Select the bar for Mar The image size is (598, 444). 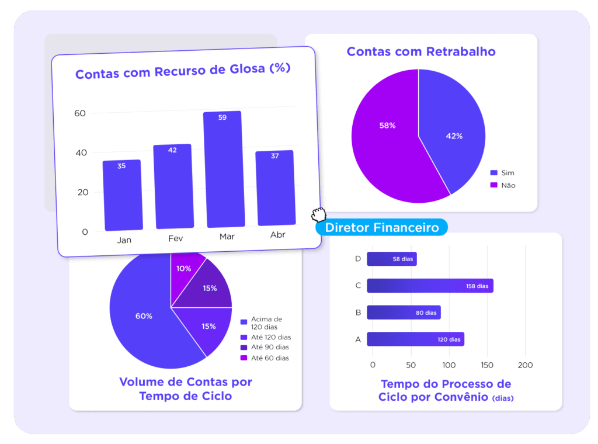tap(224, 169)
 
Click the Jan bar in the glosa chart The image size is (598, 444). tap(122, 196)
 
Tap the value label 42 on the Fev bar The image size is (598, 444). tap(172, 150)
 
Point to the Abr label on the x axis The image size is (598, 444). tap(277, 235)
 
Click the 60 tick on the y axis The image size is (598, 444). tap(80, 113)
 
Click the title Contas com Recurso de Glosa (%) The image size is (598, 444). tap(183, 71)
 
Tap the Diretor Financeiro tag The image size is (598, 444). tap(382, 227)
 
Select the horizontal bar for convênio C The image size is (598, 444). tap(430, 286)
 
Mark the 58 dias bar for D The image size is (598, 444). tap(392, 259)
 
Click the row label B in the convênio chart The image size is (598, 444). tap(358, 313)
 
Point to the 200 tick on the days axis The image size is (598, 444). tap(526, 365)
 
